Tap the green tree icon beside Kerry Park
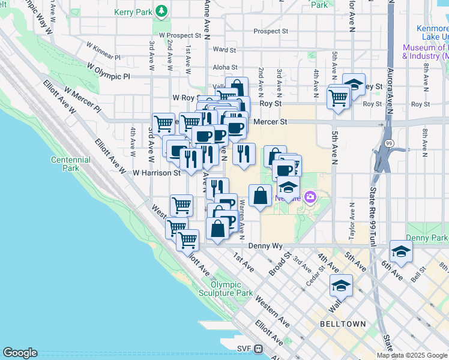(x=161, y=11)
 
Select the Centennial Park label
(x=70, y=164)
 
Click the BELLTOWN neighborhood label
(x=343, y=324)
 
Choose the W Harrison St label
(x=157, y=173)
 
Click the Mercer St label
(x=268, y=121)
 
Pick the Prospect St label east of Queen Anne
(x=271, y=31)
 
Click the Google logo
(x=20, y=353)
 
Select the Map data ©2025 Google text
(x=411, y=355)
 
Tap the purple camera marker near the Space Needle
(x=310, y=196)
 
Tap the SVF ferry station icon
(x=259, y=348)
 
